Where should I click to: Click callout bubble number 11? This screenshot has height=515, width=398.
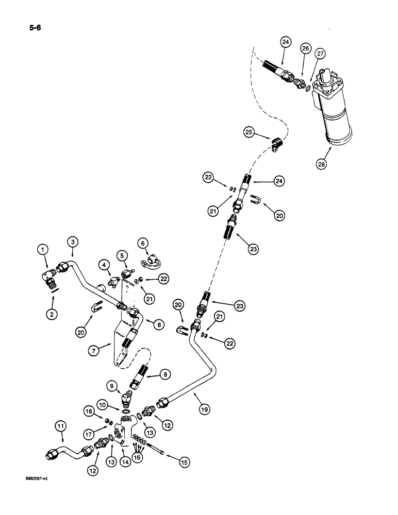click(x=60, y=425)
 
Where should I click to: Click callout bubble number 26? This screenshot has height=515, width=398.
click(x=306, y=49)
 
